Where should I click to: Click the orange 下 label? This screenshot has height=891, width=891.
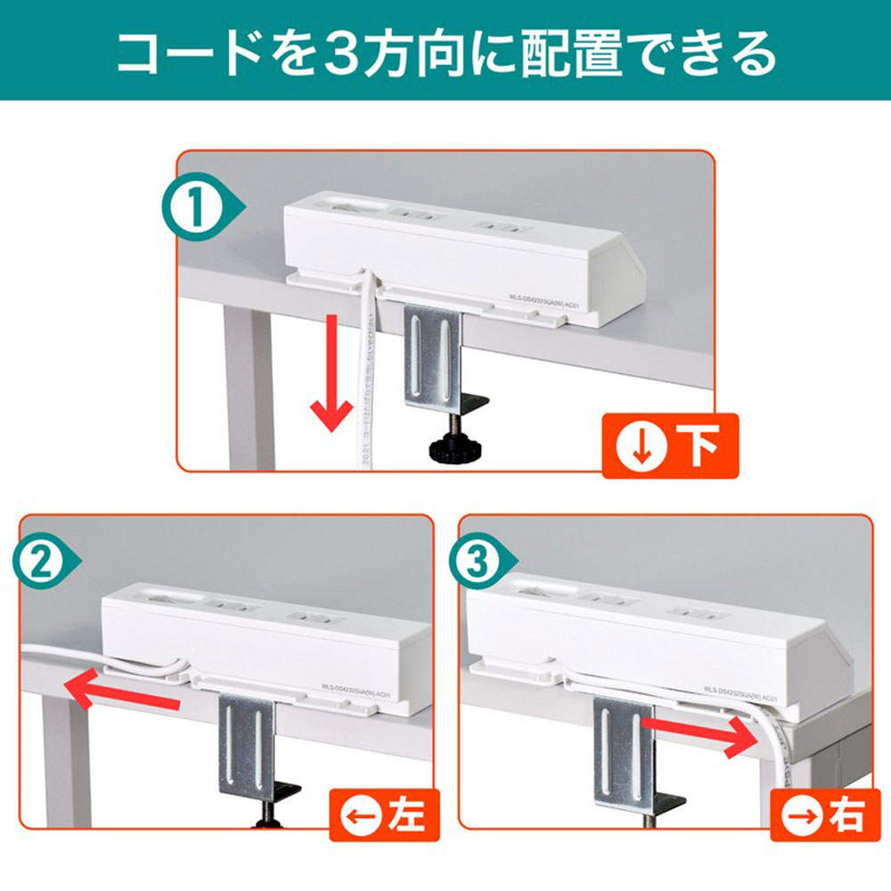point(669,445)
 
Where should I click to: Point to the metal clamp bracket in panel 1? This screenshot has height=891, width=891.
point(433,356)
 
